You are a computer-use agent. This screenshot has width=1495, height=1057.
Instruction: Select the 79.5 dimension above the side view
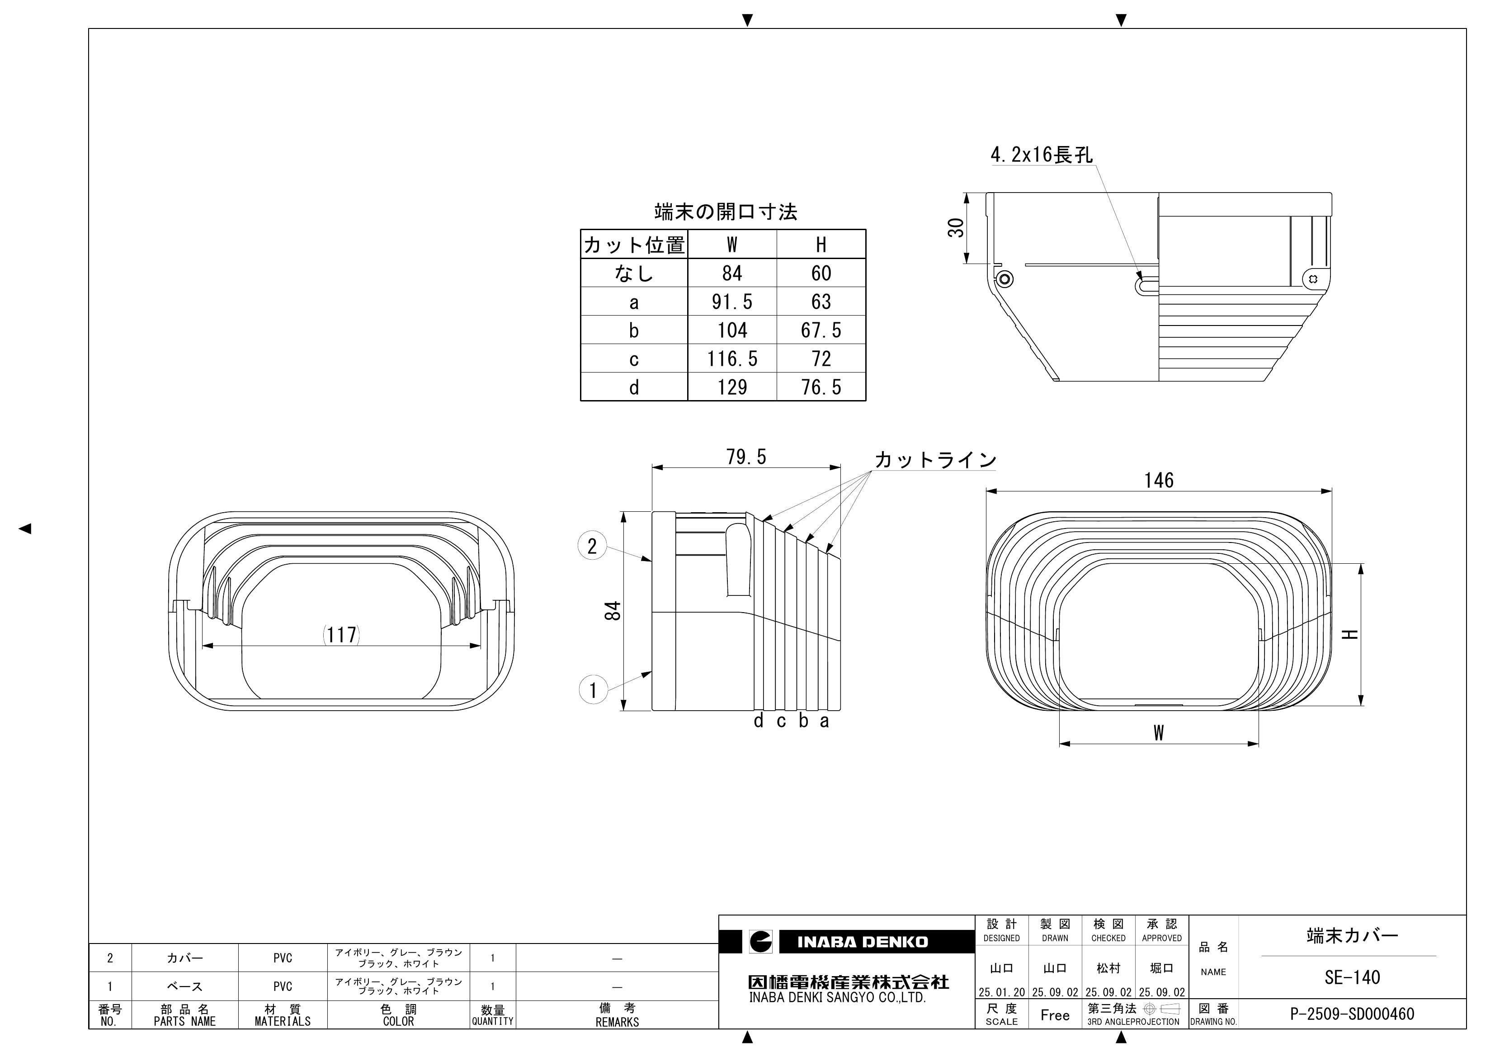pyautogui.click(x=746, y=457)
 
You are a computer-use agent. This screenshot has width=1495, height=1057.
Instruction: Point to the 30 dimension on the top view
pyautogui.click(x=956, y=227)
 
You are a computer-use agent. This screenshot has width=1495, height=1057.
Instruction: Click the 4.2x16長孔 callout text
pyautogui.click(x=1041, y=155)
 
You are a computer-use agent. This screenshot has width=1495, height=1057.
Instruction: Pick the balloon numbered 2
pyautogui.click(x=592, y=546)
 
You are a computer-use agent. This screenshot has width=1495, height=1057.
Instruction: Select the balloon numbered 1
pyautogui.click(x=593, y=690)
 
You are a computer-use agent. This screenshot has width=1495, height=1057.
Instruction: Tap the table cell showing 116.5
pyautogui.click(x=732, y=359)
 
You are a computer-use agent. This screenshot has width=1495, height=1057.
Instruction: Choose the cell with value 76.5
pyautogui.click(x=821, y=387)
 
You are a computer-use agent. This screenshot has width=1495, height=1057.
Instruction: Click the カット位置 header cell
pyautogui.click(x=633, y=245)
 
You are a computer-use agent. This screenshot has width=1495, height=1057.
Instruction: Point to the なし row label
pyautogui.click(x=633, y=274)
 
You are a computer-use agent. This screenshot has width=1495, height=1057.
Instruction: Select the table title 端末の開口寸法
pyautogui.click(x=726, y=212)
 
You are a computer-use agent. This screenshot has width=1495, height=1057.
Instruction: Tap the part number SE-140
pyautogui.click(x=1352, y=977)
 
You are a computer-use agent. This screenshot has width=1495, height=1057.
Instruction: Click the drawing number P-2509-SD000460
pyautogui.click(x=1352, y=1014)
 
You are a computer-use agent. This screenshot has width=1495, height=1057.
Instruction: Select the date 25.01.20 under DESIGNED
pyautogui.click(x=1001, y=992)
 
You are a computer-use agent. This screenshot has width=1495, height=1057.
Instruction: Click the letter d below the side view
pyautogui.click(x=758, y=721)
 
